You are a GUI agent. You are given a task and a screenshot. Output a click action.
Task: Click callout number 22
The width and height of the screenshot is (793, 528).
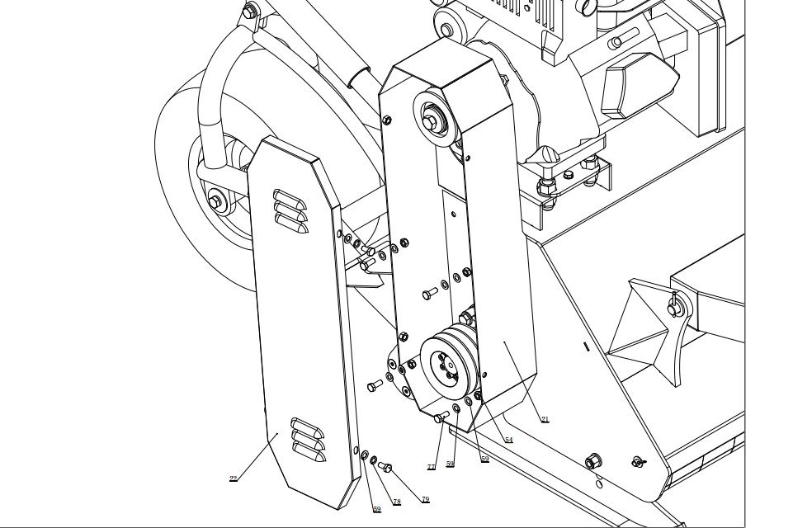pos(234,478)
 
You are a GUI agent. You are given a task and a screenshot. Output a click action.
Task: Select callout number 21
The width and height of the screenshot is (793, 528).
pos(545,420)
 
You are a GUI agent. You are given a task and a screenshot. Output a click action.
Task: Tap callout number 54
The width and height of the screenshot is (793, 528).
pos(508,441)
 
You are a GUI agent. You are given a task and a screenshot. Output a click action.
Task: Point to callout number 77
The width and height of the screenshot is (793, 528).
pos(431,468)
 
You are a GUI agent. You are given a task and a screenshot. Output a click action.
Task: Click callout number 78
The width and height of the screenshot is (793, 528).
pos(397,502)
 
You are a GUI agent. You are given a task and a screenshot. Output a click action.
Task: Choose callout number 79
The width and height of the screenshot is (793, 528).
pos(425,500)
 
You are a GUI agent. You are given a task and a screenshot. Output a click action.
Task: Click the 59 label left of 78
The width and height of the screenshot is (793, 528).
pos(377,510)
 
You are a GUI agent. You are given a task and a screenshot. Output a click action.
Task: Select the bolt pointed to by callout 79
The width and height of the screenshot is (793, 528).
pos(385,467)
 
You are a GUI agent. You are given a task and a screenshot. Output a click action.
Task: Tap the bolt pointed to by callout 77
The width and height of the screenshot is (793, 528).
pos(441,417)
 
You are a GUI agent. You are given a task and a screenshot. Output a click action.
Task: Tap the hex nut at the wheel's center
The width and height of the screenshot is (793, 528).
pos(216,200)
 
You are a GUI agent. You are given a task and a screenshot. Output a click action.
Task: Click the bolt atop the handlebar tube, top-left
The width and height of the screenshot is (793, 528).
pos(250,12)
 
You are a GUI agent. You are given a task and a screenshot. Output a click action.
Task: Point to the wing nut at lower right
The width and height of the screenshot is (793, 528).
pos(638,462)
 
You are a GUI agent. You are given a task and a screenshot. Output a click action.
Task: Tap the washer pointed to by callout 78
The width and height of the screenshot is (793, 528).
pos(373,460)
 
